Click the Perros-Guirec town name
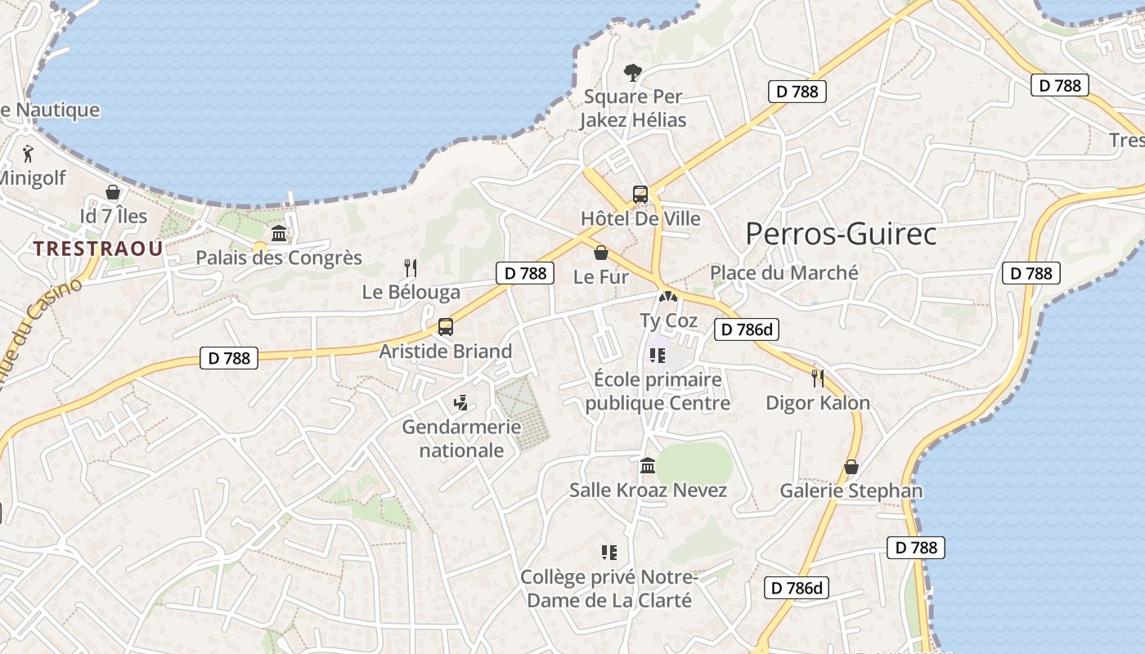pos(841,235)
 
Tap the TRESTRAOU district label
pos(98,249)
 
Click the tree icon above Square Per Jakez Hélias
pos(632,73)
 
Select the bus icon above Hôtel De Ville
pos(640,195)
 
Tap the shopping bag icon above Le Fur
pos(601,253)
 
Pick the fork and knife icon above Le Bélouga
pos(411,267)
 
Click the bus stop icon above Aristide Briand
pos(446,327)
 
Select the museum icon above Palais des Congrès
pos(279,234)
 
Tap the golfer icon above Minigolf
pos(29,153)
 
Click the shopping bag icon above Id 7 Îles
pos(113,192)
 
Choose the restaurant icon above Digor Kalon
pos(817,378)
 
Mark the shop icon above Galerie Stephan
pos(851,467)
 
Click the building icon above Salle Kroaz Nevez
pos(649,466)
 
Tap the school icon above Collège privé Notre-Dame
pos(608,553)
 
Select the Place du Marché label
pos(784,273)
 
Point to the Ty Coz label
pos(668,320)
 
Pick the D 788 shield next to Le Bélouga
pos(524,273)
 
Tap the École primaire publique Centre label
pos(658,391)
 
